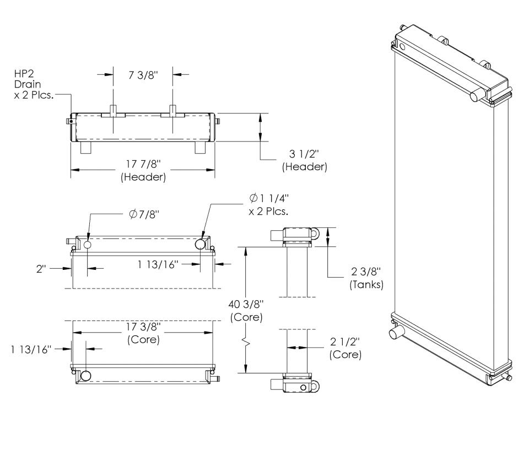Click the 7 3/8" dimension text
coord(143,75)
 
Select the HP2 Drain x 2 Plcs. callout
coord(34,84)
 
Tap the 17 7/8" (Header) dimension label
coord(143,170)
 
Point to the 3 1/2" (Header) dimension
coord(305,160)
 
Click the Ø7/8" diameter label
coord(144,214)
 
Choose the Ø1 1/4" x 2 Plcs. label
coord(269,204)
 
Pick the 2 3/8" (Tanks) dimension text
coord(366,278)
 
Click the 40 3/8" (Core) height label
coord(246,311)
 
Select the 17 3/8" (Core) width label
coord(143,333)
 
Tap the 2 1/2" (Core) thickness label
coord(346,348)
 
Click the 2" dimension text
coord(41,269)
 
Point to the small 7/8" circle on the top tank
coord(88,245)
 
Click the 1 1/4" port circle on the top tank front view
coord(201,244)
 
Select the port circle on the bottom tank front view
coord(86,376)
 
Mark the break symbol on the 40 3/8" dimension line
coord(246,344)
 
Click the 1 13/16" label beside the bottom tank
coord(31,349)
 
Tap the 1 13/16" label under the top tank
coord(158,264)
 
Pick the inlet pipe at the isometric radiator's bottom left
coord(395,332)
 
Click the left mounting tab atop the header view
coord(113,111)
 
